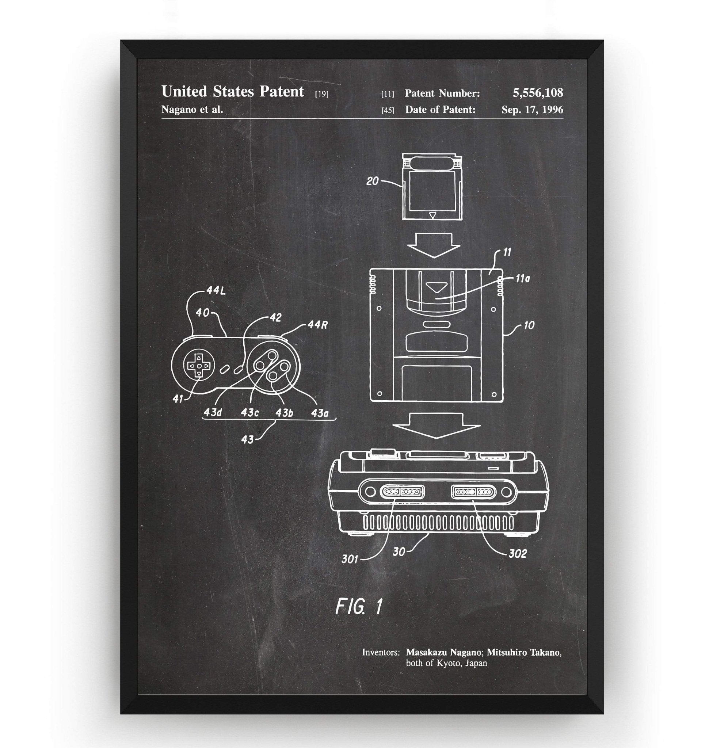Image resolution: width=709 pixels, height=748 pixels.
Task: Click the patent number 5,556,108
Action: pyautogui.click(x=537, y=93)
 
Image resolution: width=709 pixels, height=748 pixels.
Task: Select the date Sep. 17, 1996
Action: pyautogui.click(x=532, y=110)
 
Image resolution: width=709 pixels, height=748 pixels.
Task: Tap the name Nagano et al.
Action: pyautogui.click(x=192, y=110)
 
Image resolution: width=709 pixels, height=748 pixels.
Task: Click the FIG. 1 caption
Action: pyautogui.click(x=359, y=606)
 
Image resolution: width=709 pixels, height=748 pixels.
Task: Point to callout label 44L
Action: pyautogui.click(x=216, y=291)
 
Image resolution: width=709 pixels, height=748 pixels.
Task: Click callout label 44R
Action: pyautogui.click(x=317, y=325)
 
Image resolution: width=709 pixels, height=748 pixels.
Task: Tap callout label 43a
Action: pyautogui.click(x=319, y=413)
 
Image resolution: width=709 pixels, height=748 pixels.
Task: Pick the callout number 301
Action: pyautogui.click(x=350, y=559)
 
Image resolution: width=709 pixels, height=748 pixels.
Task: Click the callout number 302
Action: pyautogui.click(x=517, y=554)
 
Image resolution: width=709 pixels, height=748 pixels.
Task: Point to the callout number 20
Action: pyautogui.click(x=372, y=182)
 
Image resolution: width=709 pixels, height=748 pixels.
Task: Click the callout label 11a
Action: pyautogui.click(x=522, y=279)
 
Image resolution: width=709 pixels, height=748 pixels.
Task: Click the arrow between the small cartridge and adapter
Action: pyautogui.click(x=434, y=245)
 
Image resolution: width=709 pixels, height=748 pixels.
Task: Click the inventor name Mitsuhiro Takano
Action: pyautogui.click(x=524, y=652)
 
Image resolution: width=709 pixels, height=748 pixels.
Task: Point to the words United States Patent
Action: pyautogui.click(x=232, y=92)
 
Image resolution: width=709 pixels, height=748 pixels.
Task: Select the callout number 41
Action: pyautogui.click(x=178, y=398)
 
